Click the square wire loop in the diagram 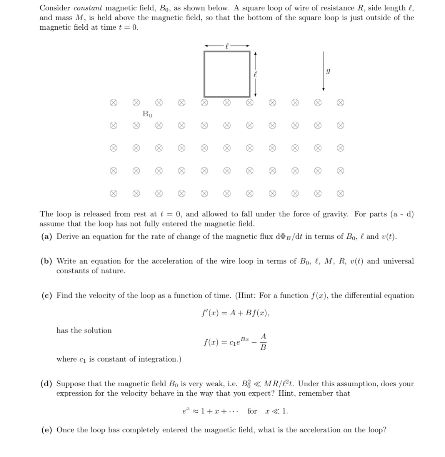[x=227, y=74]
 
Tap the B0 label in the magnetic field [x=147, y=114]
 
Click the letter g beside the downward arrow [x=328, y=72]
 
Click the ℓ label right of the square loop [x=255, y=74]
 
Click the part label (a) [x=47, y=236]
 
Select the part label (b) [x=47, y=261]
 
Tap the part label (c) [x=47, y=296]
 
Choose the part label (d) [x=47, y=384]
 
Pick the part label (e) [x=47, y=430]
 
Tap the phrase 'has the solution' [x=84, y=330]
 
